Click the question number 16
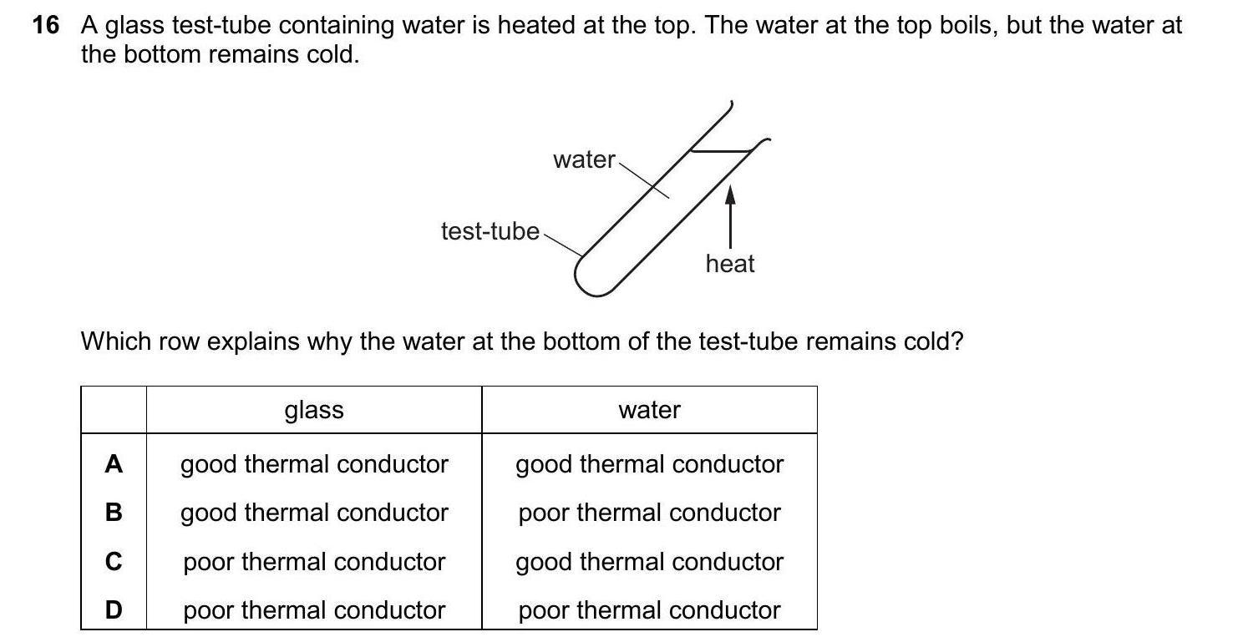pos(46,26)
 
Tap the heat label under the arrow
pos(729,264)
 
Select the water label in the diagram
pos(584,159)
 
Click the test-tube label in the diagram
pos(490,231)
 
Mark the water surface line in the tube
pos(720,151)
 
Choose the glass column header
pos(314,410)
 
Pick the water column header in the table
pos(649,410)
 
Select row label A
pos(114,464)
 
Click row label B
pos(114,513)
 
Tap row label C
pos(114,562)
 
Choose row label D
pos(114,610)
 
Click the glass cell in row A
pos(314,464)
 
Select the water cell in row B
pos(649,513)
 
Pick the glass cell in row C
pos(314,562)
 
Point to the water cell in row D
pos(649,610)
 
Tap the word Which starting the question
pos(114,341)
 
